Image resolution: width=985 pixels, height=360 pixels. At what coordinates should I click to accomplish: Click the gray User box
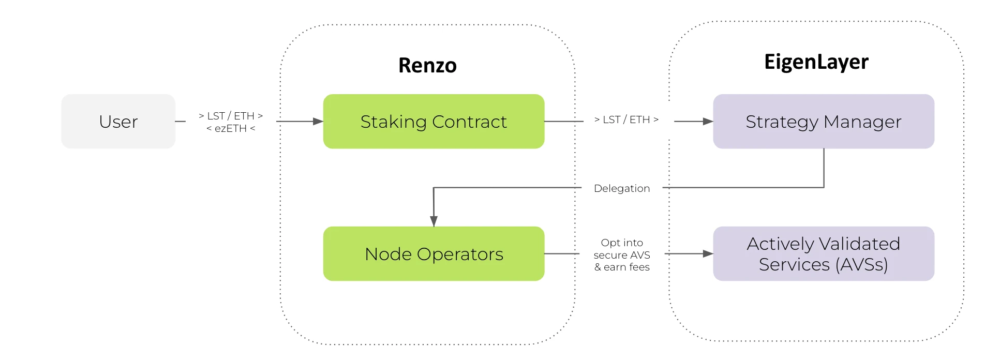(118, 122)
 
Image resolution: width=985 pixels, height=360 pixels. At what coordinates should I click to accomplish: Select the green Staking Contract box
(434, 122)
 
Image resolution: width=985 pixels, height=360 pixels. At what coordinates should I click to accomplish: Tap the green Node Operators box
(434, 254)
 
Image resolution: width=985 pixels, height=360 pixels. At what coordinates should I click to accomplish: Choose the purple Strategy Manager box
(823, 122)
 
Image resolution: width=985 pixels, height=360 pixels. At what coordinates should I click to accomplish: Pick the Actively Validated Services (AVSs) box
(823, 254)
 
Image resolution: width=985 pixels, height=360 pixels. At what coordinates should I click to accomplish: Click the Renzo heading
(427, 66)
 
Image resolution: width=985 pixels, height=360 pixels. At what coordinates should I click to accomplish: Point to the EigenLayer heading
(816, 62)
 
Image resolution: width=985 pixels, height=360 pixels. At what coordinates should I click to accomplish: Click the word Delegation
(621, 188)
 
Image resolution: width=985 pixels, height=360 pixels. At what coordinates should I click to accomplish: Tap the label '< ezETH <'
(231, 128)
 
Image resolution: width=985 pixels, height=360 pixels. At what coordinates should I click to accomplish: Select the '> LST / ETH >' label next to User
(231, 116)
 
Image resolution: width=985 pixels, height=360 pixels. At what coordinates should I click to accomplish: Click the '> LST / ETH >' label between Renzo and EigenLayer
(626, 119)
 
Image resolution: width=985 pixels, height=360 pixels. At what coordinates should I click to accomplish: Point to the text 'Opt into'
(622, 243)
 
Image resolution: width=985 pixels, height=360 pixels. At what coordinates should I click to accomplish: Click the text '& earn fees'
(622, 267)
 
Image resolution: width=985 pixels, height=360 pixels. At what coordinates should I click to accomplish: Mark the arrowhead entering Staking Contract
(318, 122)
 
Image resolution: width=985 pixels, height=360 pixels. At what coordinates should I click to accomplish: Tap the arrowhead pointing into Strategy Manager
(708, 122)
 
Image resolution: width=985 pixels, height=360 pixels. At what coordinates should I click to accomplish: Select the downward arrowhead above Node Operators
(434, 221)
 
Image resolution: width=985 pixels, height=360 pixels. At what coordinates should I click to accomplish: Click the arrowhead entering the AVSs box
(708, 254)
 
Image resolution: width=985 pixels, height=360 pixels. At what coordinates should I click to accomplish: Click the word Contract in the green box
(469, 122)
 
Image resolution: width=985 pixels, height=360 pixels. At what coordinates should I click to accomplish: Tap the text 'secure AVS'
(622, 255)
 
